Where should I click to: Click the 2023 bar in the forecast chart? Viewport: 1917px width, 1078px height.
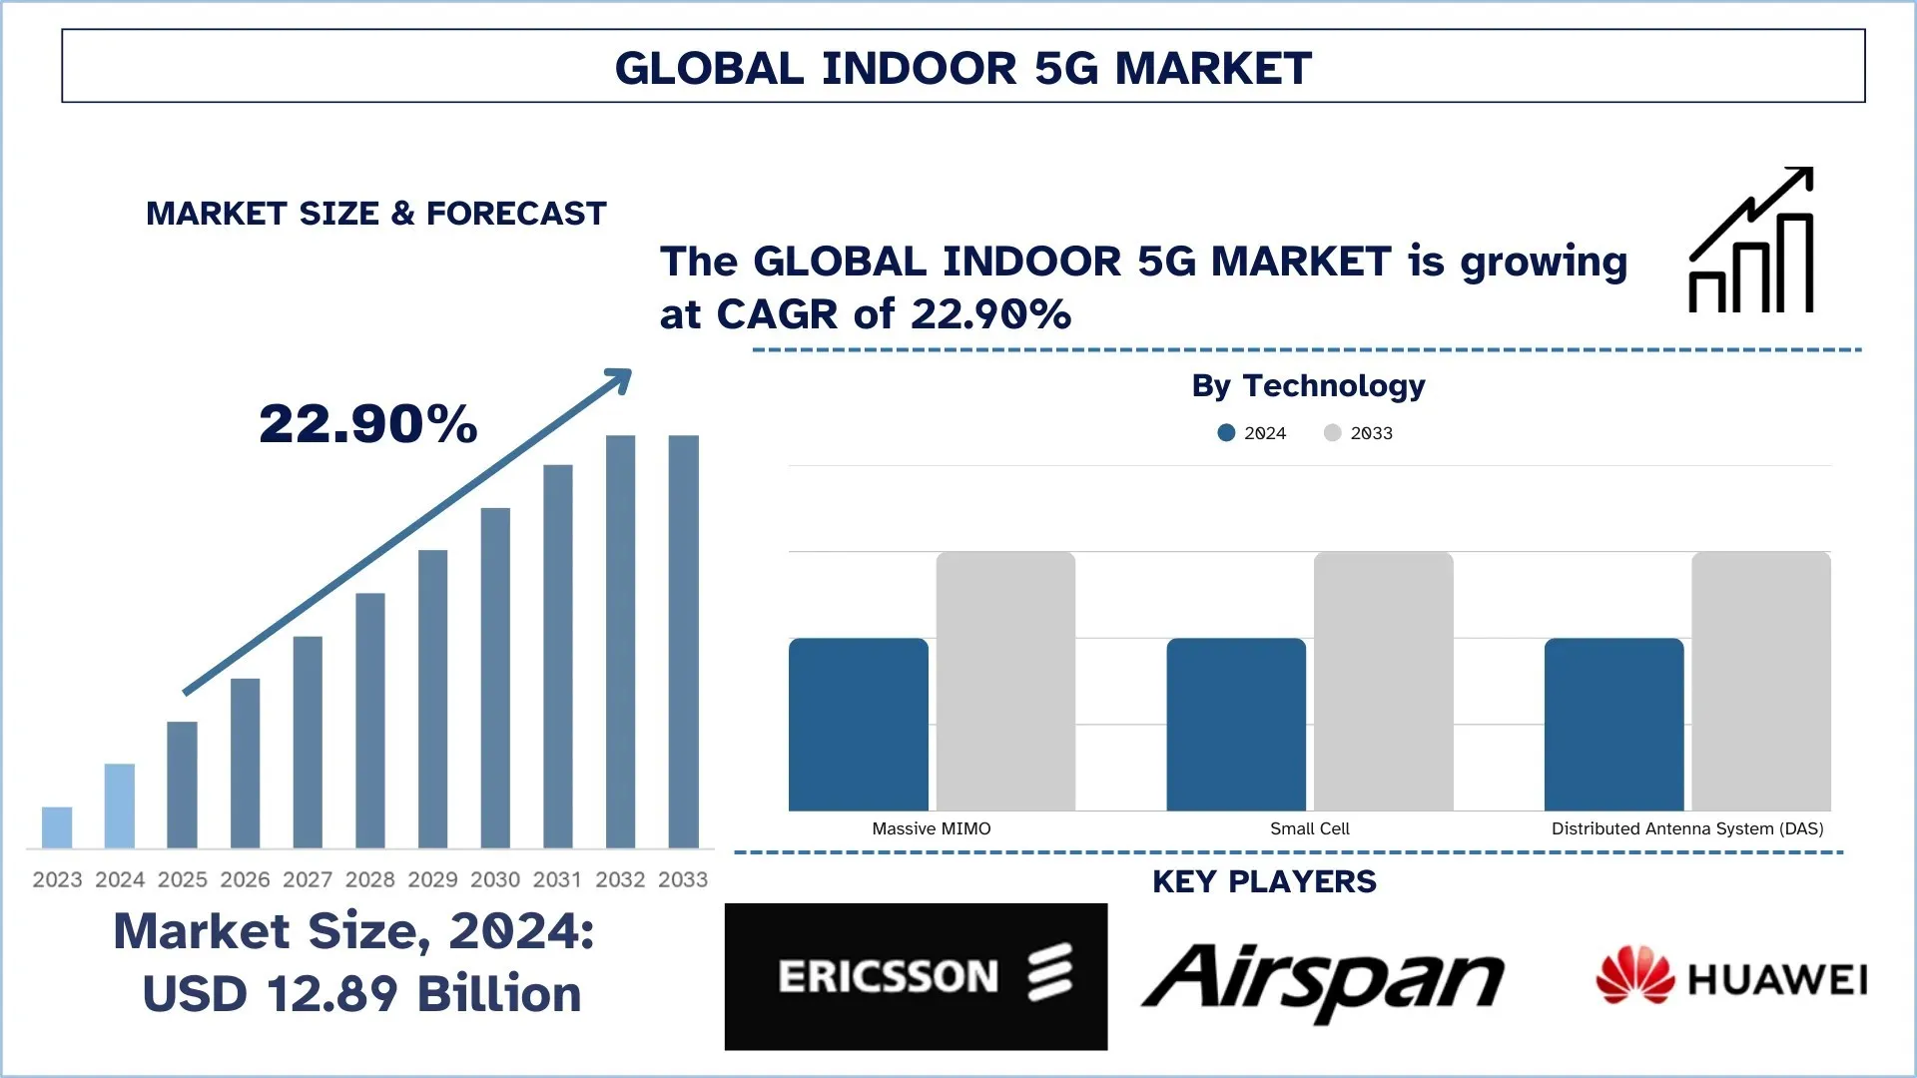(x=57, y=827)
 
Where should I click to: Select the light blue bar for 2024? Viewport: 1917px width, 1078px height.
(x=120, y=806)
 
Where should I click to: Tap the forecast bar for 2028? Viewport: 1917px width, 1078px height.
(x=370, y=721)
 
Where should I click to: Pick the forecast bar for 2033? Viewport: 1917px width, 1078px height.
(x=684, y=642)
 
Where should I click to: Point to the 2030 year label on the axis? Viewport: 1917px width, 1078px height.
(x=495, y=879)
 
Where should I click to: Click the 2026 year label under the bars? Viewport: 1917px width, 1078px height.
(x=245, y=879)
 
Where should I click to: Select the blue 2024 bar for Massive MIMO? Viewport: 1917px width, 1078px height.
(x=859, y=725)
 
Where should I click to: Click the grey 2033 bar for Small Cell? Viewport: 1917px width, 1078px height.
(x=1384, y=682)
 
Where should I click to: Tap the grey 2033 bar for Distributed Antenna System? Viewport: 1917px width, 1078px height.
(x=1761, y=682)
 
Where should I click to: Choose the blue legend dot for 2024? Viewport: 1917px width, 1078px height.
(x=1226, y=433)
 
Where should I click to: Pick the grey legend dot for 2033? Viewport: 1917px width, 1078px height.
(x=1332, y=433)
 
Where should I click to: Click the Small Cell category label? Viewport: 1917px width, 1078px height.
(x=1309, y=828)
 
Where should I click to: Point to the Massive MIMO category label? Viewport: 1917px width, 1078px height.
(x=932, y=828)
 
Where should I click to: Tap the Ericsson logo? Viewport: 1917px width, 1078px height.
(x=916, y=976)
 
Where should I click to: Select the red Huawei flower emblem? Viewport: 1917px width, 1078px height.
(x=1634, y=975)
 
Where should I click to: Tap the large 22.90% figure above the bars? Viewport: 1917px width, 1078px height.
(x=368, y=423)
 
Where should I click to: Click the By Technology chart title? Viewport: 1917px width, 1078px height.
(x=1308, y=385)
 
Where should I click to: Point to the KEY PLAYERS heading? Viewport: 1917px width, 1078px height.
(x=1264, y=882)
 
